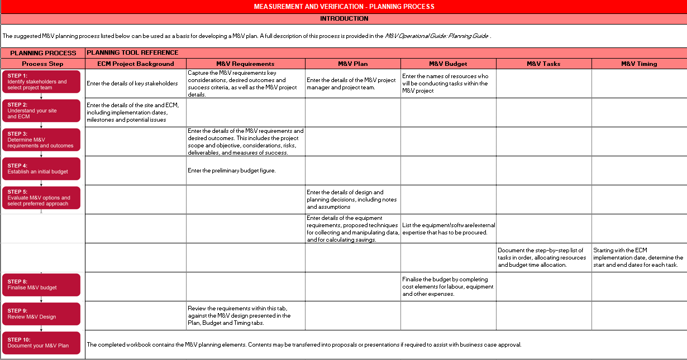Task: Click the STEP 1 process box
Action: (42, 81)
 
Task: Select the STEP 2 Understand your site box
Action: (42, 111)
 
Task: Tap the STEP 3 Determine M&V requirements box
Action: (42, 140)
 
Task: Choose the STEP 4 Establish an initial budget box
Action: (42, 169)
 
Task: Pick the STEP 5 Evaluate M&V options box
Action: (42, 198)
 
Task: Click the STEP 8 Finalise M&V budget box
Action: (42, 285)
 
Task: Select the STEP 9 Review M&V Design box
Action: (42, 314)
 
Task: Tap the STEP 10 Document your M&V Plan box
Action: (42, 343)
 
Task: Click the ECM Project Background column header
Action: (136, 64)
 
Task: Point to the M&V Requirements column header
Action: (245, 64)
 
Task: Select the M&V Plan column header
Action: (352, 64)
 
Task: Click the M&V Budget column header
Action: (448, 64)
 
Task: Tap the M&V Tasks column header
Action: (543, 64)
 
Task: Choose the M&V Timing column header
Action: (639, 64)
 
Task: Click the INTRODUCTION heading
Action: (344, 18)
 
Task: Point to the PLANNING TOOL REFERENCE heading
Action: (132, 52)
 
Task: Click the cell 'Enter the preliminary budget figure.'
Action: (232, 170)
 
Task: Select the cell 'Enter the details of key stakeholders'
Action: (132, 84)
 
